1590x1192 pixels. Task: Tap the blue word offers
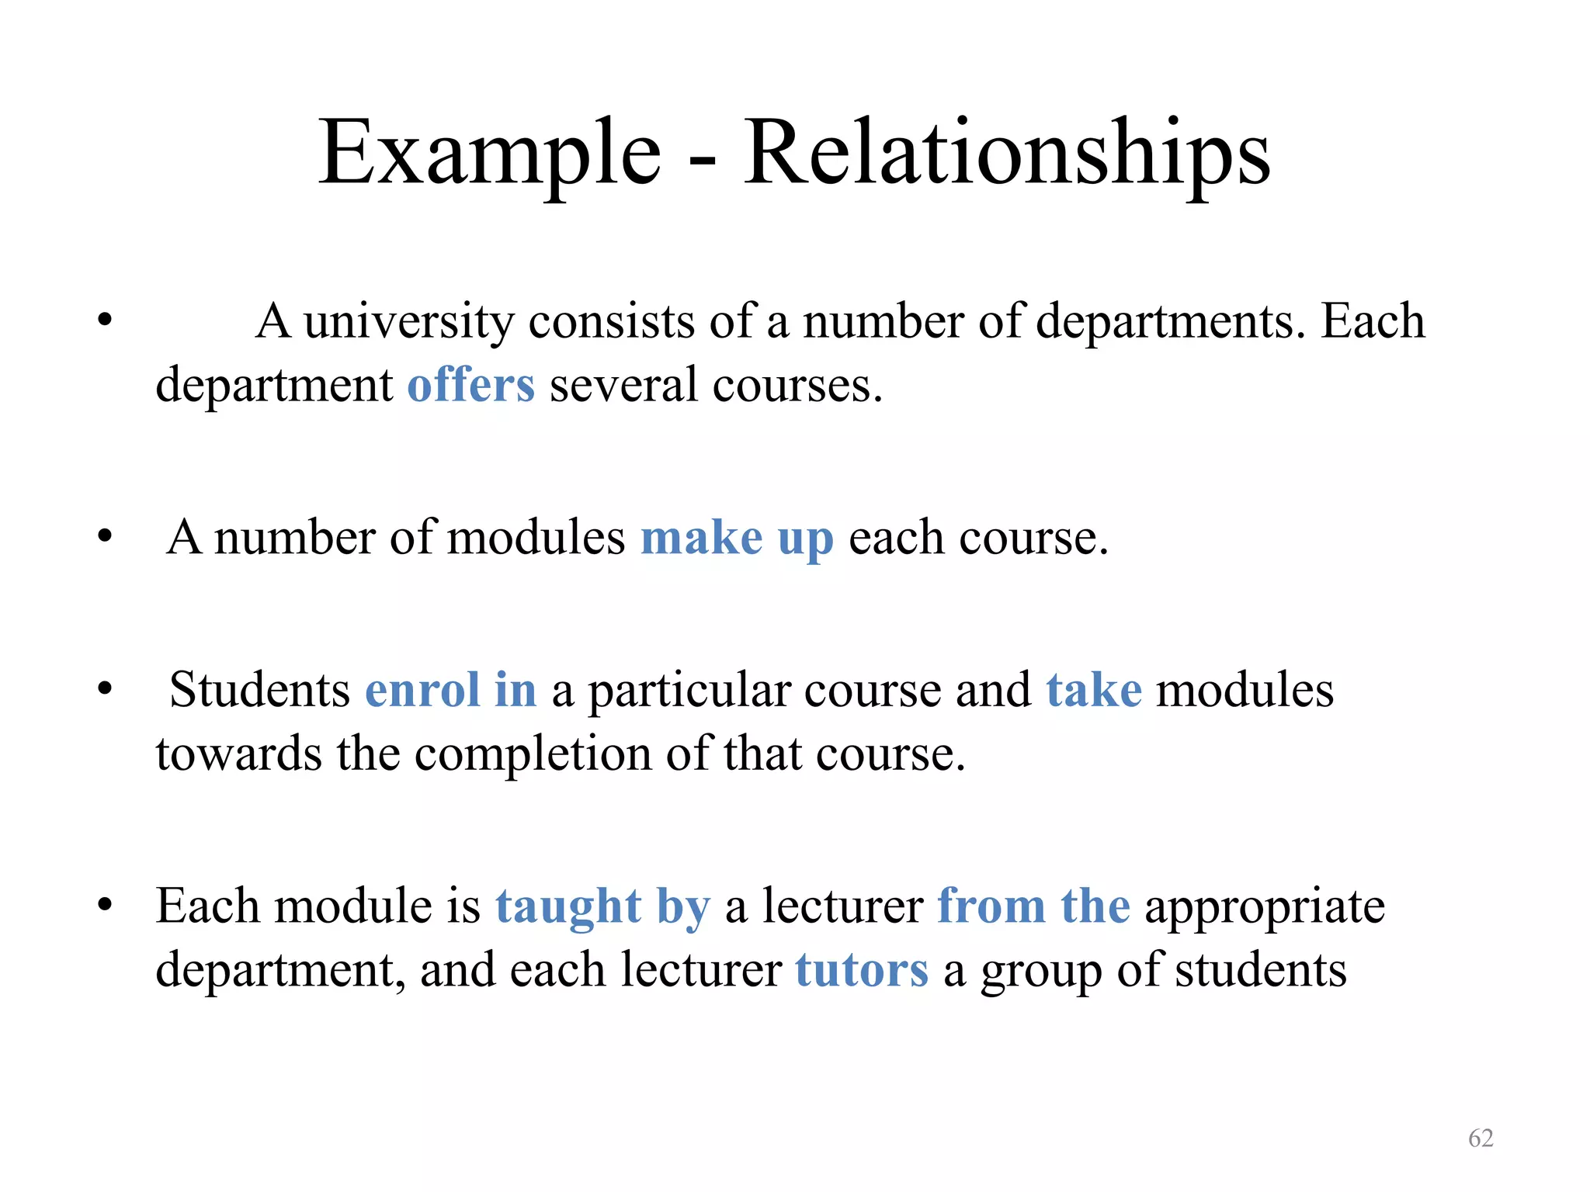[471, 385]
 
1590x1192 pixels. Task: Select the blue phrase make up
[737, 538]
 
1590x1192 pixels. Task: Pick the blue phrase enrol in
[450, 690]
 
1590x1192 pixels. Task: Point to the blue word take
[1094, 690]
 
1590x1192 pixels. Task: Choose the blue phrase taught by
[602, 906]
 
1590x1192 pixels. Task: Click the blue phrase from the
[1033, 906]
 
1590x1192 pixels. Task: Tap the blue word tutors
[862, 970]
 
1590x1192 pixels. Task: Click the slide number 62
[1481, 1138]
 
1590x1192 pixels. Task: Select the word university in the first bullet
[408, 321]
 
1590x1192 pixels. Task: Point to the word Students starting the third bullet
[259, 690]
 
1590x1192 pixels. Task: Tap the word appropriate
[1265, 906]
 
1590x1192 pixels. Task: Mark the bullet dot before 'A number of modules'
[105, 536]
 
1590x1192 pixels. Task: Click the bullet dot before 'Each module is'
[105, 905]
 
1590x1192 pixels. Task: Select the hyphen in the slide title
[702, 160]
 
